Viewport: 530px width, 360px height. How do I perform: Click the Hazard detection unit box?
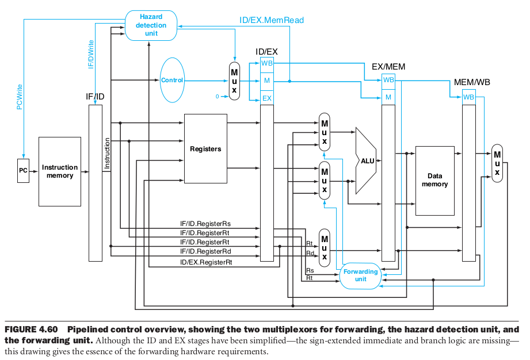pyautogui.click(x=151, y=25)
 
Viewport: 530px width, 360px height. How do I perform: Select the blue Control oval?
pyautogui.click(x=171, y=81)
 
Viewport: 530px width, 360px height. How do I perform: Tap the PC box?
pyautogui.click(x=23, y=171)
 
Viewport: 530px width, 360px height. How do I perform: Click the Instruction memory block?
pyautogui.click(x=59, y=171)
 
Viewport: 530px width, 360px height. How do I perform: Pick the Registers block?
pyautogui.click(x=205, y=149)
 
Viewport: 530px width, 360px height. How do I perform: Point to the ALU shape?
pyautogui.click(x=367, y=160)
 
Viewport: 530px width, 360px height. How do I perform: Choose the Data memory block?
pyautogui.click(x=434, y=181)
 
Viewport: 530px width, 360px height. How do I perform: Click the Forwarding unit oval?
pyautogui.click(x=361, y=275)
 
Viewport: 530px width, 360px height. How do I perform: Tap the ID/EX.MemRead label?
pyautogui.click(x=272, y=20)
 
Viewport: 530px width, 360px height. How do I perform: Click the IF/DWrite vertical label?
pyautogui.click(x=90, y=55)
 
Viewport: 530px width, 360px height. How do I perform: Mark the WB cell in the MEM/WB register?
pyautogui.click(x=469, y=97)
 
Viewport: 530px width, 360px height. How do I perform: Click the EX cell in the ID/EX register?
pyautogui.click(x=267, y=98)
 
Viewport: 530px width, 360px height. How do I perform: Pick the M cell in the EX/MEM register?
pyautogui.click(x=388, y=97)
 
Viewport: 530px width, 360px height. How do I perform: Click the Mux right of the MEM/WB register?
pyautogui.click(x=497, y=163)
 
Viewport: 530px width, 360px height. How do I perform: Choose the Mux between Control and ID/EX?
pyautogui.click(x=234, y=81)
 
